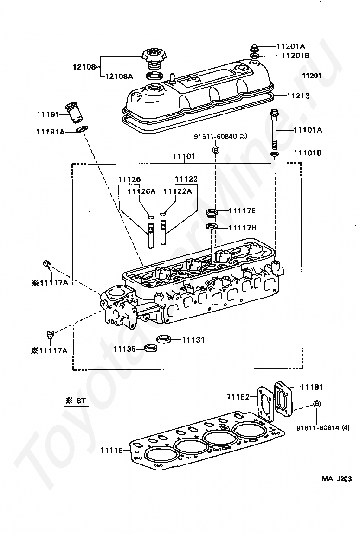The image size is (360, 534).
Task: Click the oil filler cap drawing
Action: (154, 58)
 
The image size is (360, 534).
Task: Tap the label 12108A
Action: (119, 76)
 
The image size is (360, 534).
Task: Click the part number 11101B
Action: (308, 153)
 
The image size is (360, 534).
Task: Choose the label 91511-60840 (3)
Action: (220, 137)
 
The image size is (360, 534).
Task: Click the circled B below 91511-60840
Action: (215, 150)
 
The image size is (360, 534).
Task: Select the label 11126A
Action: (141, 191)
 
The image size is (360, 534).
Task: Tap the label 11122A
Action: (178, 191)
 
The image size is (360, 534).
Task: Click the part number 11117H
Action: (242, 228)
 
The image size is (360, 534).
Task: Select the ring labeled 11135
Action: (151, 349)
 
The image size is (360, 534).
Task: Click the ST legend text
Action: (77, 401)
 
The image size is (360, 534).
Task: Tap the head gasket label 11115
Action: (111, 450)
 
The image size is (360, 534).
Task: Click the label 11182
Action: (238, 396)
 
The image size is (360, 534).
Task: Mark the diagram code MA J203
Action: (336, 478)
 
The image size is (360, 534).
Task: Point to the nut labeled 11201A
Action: (255, 47)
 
